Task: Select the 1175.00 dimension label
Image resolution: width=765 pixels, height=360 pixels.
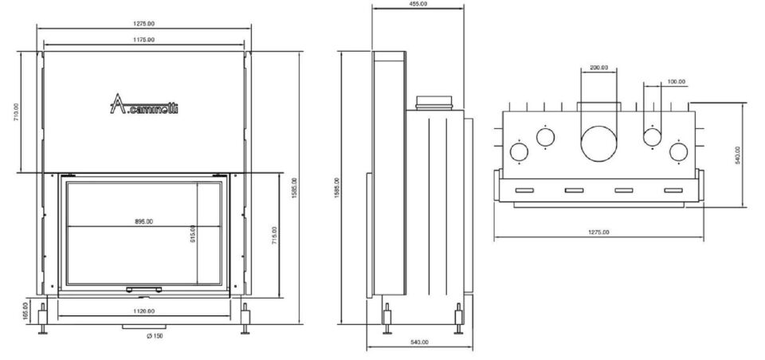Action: pyautogui.click(x=144, y=39)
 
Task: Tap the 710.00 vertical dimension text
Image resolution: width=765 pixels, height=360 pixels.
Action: pyautogui.click(x=17, y=112)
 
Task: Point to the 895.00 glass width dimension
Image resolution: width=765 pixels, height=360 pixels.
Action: pyautogui.click(x=144, y=221)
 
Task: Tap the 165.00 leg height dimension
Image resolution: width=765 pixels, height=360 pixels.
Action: pyautogui.click(x=25, y=310)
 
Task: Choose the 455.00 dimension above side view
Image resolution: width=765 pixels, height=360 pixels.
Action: pyautogui.click(x=418, y=4)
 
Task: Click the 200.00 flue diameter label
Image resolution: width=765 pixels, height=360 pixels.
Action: pyautogui.click(x=599, y=68)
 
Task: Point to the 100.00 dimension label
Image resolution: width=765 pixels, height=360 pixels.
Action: pyautogui.click(x=677, y=81)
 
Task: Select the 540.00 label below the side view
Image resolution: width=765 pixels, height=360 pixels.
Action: pyautogui.click(x=419, y=342)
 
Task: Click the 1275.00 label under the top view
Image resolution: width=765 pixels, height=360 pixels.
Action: pyautogui.click(x=598, y=233)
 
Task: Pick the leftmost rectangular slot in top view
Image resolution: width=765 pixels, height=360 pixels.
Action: pyautogui.click(x=525, y=190)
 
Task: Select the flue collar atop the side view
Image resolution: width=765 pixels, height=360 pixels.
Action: pyautogui.click(x=434, y=103)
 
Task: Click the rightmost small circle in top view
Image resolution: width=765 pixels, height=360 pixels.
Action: pyautogui.click(x=679, y=151)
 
